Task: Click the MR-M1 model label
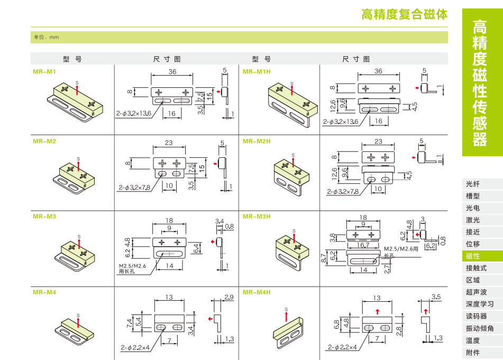44,71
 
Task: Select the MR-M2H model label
257,141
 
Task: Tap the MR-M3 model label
44,216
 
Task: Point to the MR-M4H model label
257,292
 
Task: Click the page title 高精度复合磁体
404,14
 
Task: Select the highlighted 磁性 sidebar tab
473,256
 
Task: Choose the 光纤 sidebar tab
473,184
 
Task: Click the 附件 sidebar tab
473,353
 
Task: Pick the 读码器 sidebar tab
476,316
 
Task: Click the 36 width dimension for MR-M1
172,72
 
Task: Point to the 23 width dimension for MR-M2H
378,141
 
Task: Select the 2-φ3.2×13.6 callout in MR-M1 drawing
134,113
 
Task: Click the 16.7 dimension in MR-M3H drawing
363,245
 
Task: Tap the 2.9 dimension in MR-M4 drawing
228,298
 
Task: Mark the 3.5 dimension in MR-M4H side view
436,297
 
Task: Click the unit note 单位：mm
47,37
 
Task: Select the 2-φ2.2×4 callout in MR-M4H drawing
342,348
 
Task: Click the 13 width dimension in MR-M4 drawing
169,298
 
